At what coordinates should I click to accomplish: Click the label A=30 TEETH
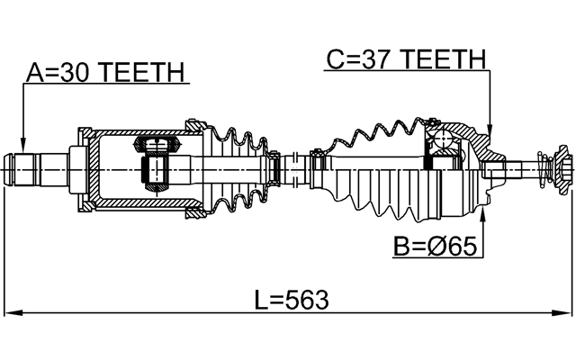click(105, 72)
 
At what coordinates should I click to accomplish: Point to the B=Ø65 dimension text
click(436, 245)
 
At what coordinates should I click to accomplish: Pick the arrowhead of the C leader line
click(490, 132)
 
